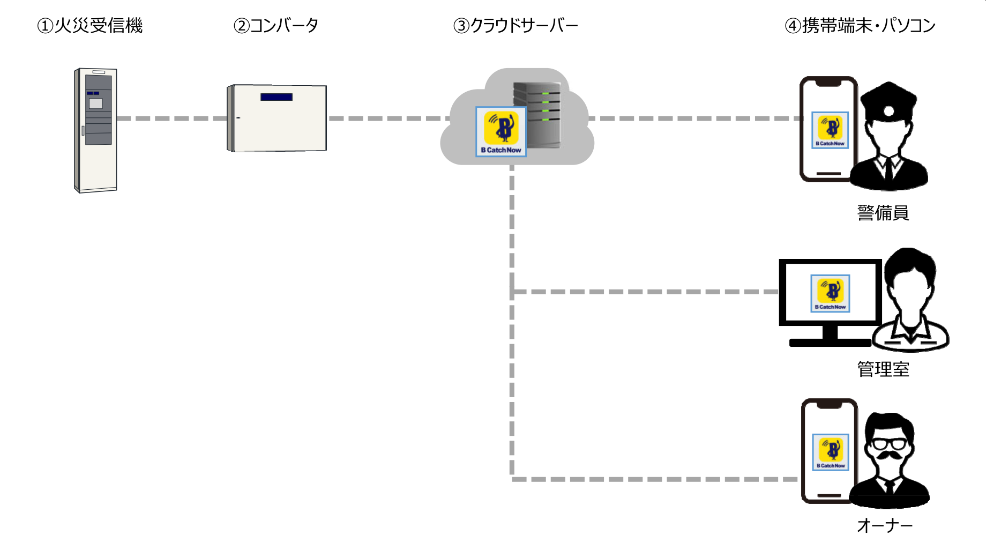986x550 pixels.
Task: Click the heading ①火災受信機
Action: [x=90, y=26]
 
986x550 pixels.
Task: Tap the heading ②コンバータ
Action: [x=277, y=26]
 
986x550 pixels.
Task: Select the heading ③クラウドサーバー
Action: [x=516, y=26]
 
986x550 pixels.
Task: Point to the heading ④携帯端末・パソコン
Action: [x=860, y=26]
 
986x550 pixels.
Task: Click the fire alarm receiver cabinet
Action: [x=96, y=130]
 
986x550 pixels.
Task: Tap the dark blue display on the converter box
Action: [x=277, y=97]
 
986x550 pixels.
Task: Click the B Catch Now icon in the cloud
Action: [x=501, y=131]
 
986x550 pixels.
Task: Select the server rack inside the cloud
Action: [x=537, y=115]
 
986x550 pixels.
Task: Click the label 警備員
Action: [x=883, y=213]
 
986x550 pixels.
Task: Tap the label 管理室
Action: [x=883, y=369]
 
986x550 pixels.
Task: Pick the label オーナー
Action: [x=885, y=526]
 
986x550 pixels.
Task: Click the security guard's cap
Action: [x=888, y=101]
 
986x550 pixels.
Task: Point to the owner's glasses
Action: [x=889, y=444]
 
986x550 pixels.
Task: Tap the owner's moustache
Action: [x=890, y=456]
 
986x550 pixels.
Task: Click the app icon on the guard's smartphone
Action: [x=830, y=130]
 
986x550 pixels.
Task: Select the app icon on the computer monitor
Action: [x=830, y=293]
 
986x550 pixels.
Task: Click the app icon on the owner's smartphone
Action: [x=831, y=452]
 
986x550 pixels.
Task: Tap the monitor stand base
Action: [x=830, y=343]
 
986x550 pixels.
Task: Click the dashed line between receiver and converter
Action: [x=171, y=118]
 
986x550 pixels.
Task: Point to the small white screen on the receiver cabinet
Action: [x=95, y=103]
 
